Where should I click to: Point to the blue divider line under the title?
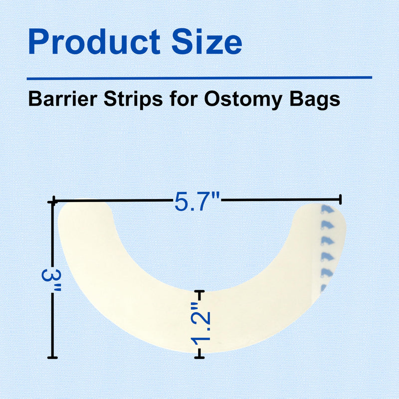coord(199,78)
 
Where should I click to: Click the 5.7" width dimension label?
coord(197,201)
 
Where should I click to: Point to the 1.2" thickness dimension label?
coord(201,325)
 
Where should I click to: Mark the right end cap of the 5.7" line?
coord(341,200)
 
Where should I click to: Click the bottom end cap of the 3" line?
coord(52,358)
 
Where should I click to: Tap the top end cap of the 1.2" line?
coord(199,291)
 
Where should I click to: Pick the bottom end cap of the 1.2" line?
coord(199,357)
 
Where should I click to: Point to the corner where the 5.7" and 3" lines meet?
coord(52,201)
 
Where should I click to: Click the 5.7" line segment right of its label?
coord(279,200)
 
